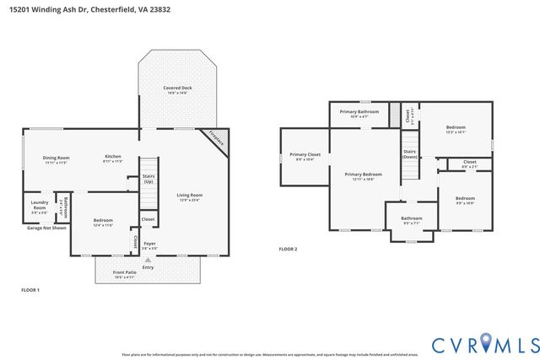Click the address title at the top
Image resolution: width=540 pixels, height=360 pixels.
84,8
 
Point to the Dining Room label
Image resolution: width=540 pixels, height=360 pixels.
57,159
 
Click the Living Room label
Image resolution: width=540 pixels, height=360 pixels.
190,197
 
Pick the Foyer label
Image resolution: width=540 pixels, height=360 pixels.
148,245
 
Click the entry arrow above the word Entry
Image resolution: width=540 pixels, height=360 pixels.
148,260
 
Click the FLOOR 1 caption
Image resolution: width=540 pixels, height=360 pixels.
30,290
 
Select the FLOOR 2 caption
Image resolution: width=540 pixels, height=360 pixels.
289,249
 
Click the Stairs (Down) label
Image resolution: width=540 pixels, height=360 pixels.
409,154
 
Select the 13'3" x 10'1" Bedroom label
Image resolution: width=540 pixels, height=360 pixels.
455,129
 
